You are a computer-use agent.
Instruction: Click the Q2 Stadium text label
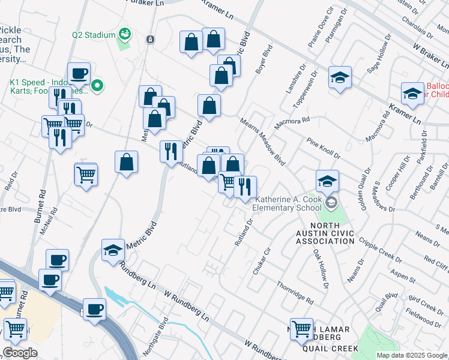(94, 35)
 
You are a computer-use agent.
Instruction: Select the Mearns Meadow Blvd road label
(262, 142)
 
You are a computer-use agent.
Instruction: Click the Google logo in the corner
(20, 353)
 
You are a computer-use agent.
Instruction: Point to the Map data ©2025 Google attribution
(411, 355)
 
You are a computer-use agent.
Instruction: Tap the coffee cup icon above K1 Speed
(79, 74)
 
